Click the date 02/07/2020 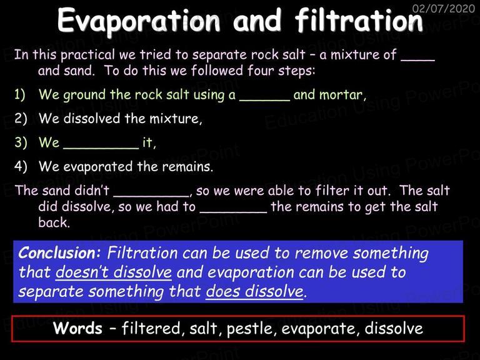tap(444, 8)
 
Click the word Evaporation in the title tap(139, 21)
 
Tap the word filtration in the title tap(359, 20)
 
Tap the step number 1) tap(20, 94)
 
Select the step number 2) tap(21, 119)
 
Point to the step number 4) tap(21, 166)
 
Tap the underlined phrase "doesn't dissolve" tap(114, 272)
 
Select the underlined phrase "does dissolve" tap(254, 291)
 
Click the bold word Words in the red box tap(77, 328)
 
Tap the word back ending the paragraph tap(54, 222)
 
